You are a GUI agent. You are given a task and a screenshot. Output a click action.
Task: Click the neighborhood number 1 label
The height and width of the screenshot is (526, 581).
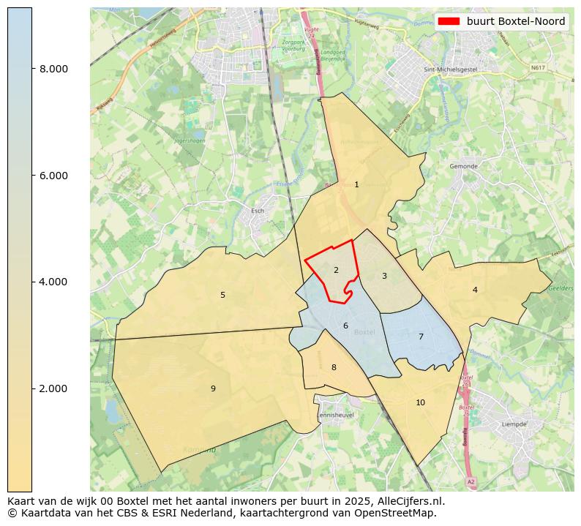click(356, 185)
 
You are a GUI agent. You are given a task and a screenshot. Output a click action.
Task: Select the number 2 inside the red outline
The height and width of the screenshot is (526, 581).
click(336, 271)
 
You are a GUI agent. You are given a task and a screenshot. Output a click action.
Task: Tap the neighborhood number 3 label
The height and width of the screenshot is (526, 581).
click(384, 277)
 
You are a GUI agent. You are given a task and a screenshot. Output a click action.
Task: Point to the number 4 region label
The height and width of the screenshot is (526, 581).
click(475, 290)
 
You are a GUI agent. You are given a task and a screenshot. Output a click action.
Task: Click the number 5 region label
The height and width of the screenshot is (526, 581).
click(222, 296)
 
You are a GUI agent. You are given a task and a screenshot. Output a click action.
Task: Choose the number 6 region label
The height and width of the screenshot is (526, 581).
click(345, 326)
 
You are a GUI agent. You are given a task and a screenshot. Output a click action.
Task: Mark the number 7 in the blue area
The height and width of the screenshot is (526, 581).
click(421, 337)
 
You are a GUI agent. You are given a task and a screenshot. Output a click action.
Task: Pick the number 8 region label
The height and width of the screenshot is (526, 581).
click(334, 368)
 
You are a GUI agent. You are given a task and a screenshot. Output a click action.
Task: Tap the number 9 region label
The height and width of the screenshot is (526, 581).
click(213, 389)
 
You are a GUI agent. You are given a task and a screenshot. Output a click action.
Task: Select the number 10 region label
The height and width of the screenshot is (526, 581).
click(420, 403)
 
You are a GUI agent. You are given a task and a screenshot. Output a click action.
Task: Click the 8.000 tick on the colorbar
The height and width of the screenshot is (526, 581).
click(53, 69)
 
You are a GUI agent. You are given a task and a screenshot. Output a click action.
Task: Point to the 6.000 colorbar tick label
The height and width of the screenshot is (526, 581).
click(53, 176)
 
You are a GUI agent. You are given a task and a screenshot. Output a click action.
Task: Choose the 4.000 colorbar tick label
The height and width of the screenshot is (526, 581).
click(53, 282)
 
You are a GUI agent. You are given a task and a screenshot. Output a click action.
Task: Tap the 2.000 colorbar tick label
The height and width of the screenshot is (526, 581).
click(53, 388)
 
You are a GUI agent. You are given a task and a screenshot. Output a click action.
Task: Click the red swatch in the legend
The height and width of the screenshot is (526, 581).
click(449, 22)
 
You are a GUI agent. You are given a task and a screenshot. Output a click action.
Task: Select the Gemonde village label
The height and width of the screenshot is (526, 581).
click(463, 166)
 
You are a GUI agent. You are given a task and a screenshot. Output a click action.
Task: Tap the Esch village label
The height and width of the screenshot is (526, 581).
click(257, 211)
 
